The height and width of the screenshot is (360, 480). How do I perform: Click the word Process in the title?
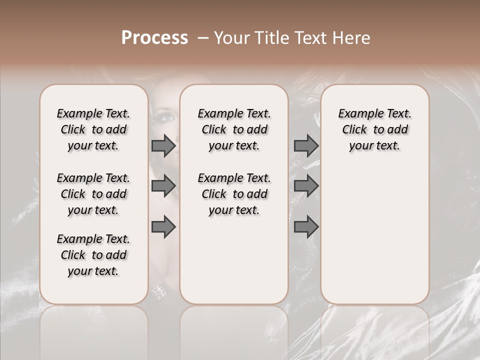pos(154,38)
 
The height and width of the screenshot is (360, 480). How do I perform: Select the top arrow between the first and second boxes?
pos(163,146)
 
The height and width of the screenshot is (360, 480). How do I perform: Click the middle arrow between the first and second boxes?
pos(163,186)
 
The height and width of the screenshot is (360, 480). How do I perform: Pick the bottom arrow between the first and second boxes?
pos(163,227)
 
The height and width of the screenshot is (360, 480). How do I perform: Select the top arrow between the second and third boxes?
pos(306,146)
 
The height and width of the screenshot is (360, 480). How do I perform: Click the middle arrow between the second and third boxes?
pos(306,186)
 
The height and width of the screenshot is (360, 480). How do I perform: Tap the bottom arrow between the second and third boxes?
pos(306,227)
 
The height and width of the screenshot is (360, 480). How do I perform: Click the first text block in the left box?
pos(93,129)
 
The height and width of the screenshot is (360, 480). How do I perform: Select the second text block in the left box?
pos(93,194)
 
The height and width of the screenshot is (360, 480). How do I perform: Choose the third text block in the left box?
pos(93,255)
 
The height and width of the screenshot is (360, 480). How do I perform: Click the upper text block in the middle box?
pos(234,129)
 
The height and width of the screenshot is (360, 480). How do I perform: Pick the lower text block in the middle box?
pos(234,194)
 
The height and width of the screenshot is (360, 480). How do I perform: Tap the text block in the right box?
pos(374,129)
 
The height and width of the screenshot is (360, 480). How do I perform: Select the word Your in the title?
pos(232,38)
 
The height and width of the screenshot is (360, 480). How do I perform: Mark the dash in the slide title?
pos(202,38)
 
